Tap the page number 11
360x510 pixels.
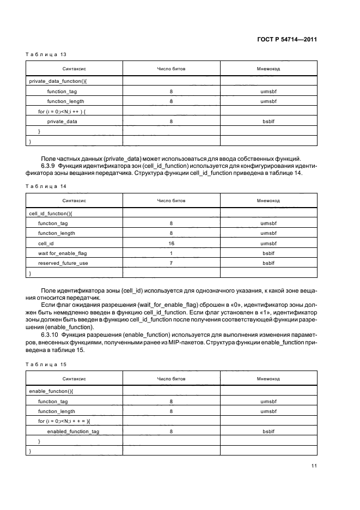tap(314, 465)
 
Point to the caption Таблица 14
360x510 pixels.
tap(46, 186)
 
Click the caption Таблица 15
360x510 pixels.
tap(46, 364)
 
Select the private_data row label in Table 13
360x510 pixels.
tap(62, 121)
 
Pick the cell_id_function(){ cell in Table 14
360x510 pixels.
tap(50, 213)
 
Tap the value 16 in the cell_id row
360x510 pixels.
tap(171, 243)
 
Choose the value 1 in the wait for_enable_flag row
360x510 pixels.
tap(171, 253)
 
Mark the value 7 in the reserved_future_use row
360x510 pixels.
tap(171, 263)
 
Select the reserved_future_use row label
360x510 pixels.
tap(63, 263)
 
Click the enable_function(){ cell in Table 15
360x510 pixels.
tap(49, 391)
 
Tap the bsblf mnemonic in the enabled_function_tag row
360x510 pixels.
tap(268, 431)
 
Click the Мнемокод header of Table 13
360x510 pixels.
tap(268, 69)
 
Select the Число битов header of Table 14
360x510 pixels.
tap(171, 201)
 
